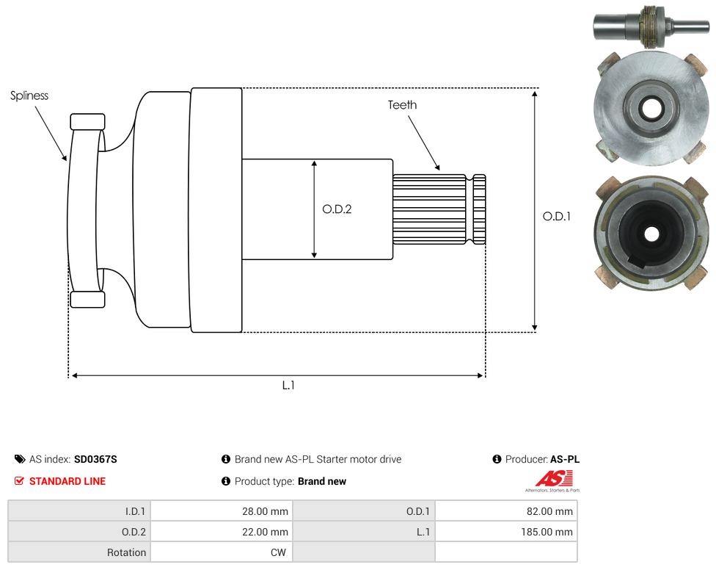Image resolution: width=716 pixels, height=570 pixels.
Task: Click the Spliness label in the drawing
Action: point(29,95)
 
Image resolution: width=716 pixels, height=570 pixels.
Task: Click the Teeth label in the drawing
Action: point(402,105)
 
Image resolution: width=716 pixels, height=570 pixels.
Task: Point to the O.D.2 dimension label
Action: point(337,209)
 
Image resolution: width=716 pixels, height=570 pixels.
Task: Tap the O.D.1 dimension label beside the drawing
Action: point(557,216)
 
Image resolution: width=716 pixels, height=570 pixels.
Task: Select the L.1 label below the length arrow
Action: point(288,386)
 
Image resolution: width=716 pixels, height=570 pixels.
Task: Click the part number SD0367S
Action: point(95,459)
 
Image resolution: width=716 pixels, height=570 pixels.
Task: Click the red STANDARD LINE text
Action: point(67,481)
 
